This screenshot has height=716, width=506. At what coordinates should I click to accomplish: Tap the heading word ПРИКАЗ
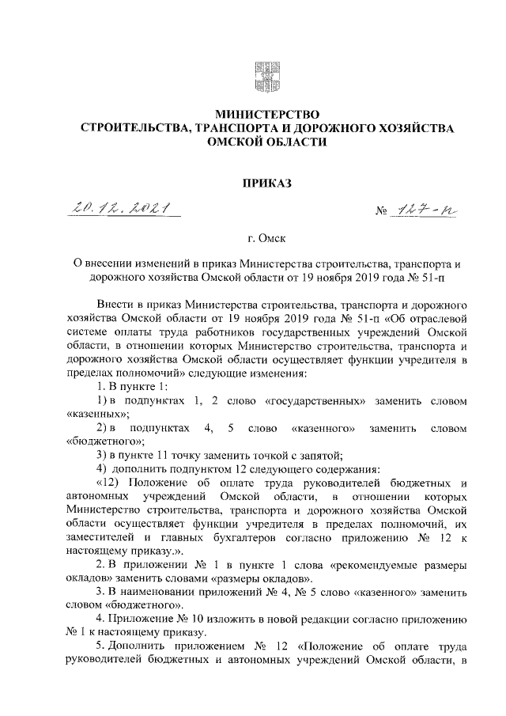(264, 184)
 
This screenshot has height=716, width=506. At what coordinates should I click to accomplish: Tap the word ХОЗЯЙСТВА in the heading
(408, 127)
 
